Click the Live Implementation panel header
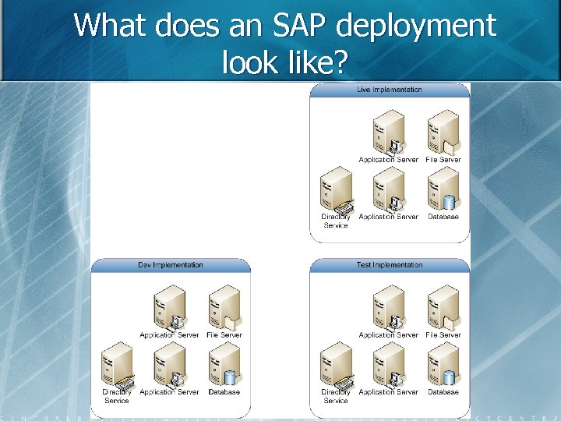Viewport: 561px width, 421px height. click(x=390, y=90)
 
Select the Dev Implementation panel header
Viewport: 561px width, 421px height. click(x=171, y=265)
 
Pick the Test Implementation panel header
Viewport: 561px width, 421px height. click(x=390, y=265)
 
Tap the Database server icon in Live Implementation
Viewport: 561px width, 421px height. click(x=443, y=190)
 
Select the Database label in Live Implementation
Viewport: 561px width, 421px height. click(x=443, y=217)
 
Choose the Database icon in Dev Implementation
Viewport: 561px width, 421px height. click(x=224, y=366)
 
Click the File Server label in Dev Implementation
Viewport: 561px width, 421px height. click(x=224, y=335)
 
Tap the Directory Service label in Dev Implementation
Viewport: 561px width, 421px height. click(x=117, y=396)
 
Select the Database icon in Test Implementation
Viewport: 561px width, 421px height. click(x=443, y=366)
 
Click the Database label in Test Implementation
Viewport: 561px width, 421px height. click(x=443, y=392)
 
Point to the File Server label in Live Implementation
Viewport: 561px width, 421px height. click(x=443, y=160)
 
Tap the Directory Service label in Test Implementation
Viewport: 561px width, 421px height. click(x=336, y=396)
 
